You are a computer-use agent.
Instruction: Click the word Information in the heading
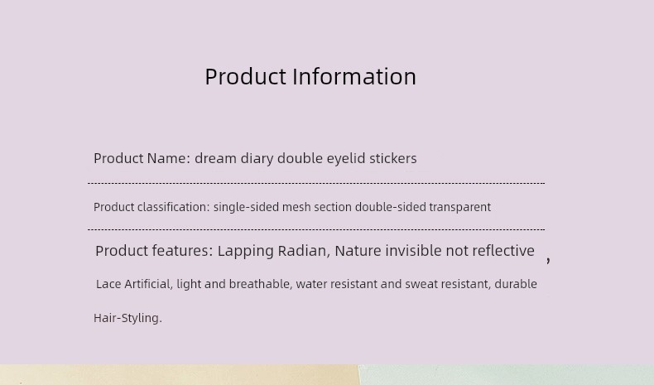pyautogui.click(x=354, y=77)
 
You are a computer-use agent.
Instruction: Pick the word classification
pyautogui.click(x=173, y=207)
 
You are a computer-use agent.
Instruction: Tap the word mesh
pyautogui.click(x=296, y=207)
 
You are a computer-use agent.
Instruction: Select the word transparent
pyautogui.click(x=459, y=207)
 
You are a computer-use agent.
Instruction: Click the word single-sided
pyautogui.click(x=246, y=207)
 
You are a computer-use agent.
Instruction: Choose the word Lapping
pyautogui.click(x=245, y=251)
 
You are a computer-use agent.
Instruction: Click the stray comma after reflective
pyautogui.click(x=548, y=260)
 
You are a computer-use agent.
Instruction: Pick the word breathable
pyautogui.click(x=262, y=284)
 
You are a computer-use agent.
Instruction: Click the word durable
pyautogui.click(x=516, y=284)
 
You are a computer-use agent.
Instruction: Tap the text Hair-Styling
pyautogui.click(x=127, y=318)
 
